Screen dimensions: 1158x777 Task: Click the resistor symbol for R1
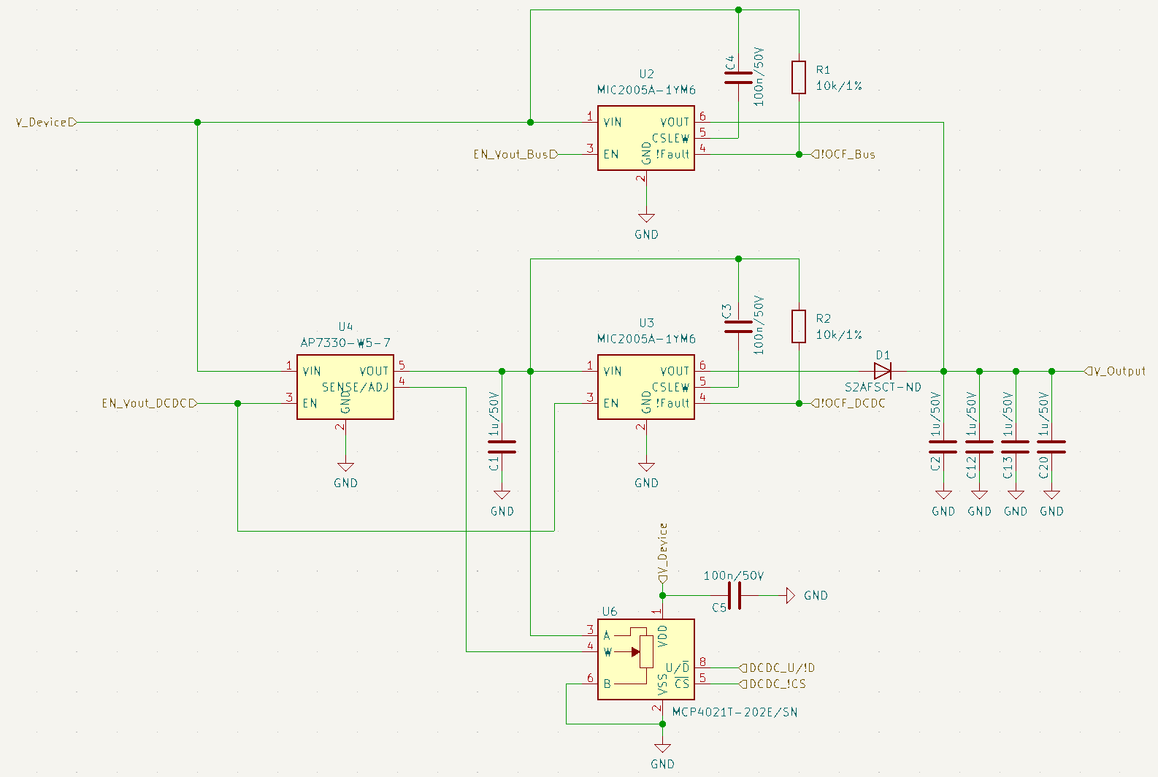[799, 77]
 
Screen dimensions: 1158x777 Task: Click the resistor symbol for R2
[799, 326]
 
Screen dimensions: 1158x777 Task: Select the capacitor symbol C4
[738, 77]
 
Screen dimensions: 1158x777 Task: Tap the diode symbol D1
[883, 371]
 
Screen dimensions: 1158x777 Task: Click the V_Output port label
[1115, 371]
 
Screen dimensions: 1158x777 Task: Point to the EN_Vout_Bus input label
[515, 154]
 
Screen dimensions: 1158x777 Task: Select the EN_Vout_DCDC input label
[150, 403]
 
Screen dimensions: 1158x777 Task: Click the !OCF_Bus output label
[843, 154]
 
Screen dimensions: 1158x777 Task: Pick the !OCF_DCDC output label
[848, 403]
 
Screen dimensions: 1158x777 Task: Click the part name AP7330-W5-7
[345, 342]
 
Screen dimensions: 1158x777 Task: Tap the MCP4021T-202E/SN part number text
[735, 713]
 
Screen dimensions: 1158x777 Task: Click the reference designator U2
[646, 74]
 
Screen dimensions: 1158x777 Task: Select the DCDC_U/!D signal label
[777, 668]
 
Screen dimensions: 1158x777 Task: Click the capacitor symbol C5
[734, 596]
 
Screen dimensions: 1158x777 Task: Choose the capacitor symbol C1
[502, 447]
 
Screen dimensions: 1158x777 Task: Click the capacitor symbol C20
[1051, 447]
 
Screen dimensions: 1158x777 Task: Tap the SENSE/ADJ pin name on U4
[355, 387]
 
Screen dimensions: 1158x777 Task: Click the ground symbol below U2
[646, 218]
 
